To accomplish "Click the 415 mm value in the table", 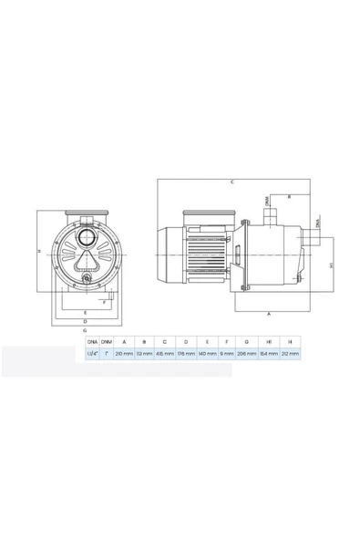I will [165, 354].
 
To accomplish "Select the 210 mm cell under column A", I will [125, 354].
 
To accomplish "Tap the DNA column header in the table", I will [92, 341].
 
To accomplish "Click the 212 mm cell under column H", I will [288, 354].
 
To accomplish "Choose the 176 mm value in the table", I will [185, 354].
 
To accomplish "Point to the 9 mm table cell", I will [227, 354].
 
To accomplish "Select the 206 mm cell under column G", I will [246, 354].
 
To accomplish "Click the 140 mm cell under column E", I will [207, 354].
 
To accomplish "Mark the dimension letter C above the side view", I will [233, 182].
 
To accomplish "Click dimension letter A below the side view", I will [268, 313].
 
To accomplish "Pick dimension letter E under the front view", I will [85, 313].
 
